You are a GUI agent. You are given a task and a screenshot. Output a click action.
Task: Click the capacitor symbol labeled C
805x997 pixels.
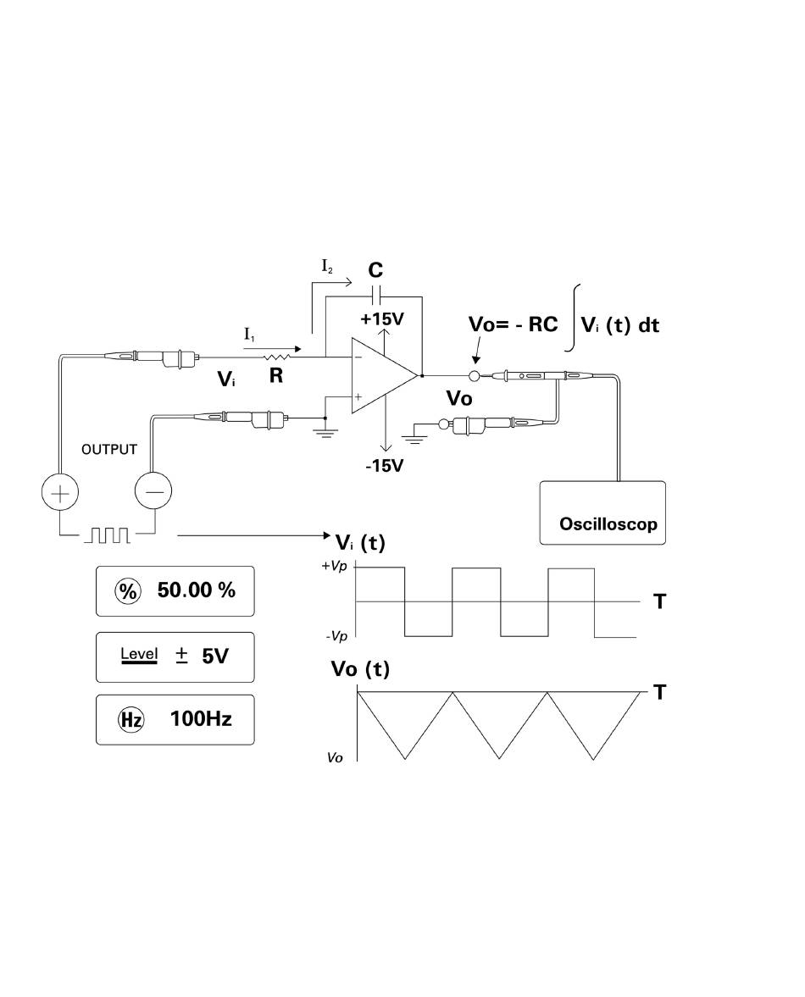(375, 296)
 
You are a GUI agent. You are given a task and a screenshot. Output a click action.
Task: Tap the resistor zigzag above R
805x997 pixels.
(278, 357)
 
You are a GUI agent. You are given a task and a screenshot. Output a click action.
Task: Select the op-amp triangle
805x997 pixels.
(385, 375)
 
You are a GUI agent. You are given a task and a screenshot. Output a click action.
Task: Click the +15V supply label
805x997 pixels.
(381, 318)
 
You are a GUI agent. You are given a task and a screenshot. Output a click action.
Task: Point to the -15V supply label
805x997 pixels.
(384, 465)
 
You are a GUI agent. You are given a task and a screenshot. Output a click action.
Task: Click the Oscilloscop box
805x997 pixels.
(602, 512)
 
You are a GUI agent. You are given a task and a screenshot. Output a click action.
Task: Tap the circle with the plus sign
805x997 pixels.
(60, 493)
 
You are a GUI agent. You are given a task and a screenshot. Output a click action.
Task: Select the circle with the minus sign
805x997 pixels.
(154, 491)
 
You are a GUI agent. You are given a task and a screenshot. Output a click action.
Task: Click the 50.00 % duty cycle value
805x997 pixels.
(197, 590)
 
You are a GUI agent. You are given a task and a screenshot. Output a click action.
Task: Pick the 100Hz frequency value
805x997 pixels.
(200, 719)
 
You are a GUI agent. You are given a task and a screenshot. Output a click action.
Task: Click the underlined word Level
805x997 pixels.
(139, 654)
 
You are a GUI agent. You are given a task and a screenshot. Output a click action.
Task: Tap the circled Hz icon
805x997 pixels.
(131, 720)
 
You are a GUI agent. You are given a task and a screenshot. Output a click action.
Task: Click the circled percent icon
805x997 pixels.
(127, 591)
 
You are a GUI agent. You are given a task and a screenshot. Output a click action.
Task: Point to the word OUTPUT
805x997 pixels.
(108, 450)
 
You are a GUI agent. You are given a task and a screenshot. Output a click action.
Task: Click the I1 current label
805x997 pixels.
(249, 335)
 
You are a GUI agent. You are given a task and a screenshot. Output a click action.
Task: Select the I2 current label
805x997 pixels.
(327, 267)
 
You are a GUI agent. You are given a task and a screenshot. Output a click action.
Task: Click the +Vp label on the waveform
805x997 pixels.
(335, 566)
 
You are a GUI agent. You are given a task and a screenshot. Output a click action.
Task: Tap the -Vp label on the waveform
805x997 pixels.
(336, 636)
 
